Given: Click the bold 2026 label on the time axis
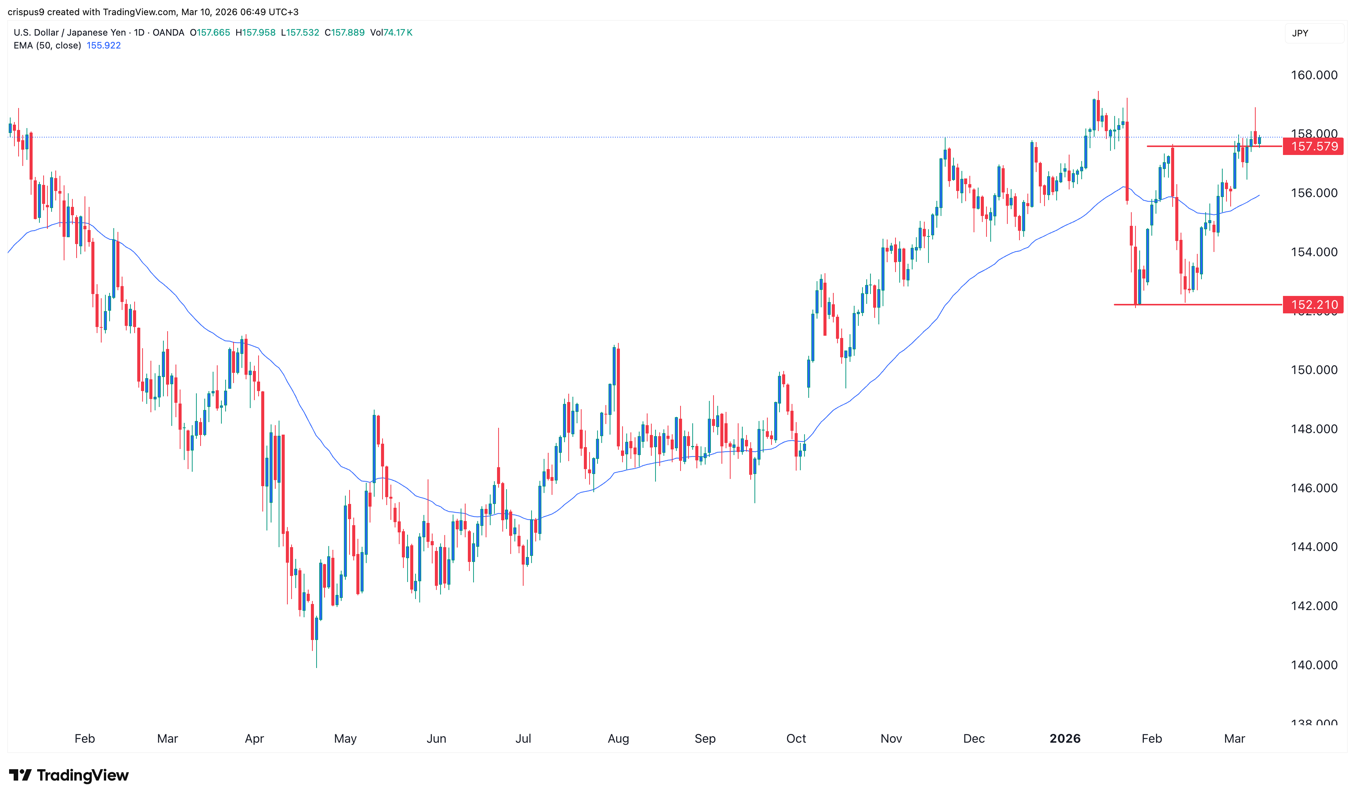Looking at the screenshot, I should coord(1065,739).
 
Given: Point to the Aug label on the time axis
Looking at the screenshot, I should coord(618,739).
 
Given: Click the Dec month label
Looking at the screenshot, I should coord(974,739).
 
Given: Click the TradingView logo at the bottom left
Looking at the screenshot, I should coord(69,775).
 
